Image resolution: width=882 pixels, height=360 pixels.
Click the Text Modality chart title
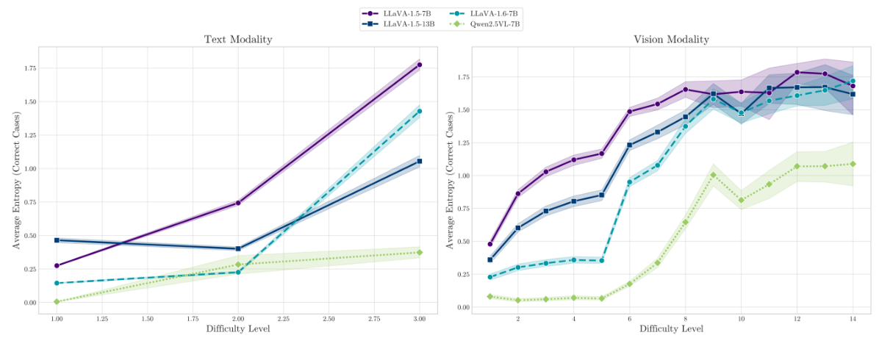pos(238,40)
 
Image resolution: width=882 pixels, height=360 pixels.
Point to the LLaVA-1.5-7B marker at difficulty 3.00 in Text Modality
pos(420,65)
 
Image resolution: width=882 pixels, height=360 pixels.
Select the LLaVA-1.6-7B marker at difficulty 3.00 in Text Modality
pos(420,111)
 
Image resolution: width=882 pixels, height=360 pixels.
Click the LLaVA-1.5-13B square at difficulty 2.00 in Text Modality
pos(238,248)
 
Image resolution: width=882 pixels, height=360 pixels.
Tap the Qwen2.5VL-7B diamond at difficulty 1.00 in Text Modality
pos(57,301)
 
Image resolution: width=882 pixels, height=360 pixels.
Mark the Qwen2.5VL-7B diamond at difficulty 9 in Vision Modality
pos(713,175)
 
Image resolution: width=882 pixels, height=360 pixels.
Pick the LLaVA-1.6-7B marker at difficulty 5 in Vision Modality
pos(601,260)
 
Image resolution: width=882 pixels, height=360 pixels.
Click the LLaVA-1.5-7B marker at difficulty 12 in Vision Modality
pos(797,72)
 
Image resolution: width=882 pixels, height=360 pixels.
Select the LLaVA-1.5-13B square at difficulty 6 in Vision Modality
pos(629,145)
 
